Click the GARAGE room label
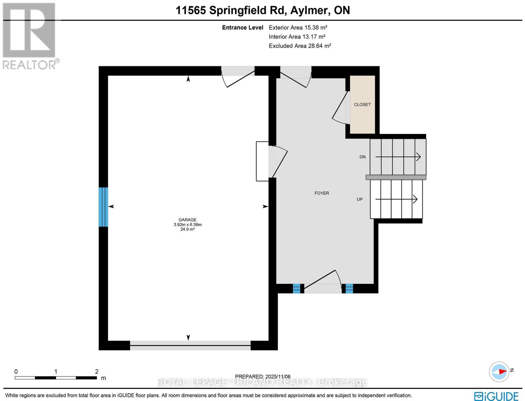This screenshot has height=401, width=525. click(187, 220)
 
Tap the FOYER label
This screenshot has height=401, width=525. click(322, 193)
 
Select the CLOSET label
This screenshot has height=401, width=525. click(362, 105)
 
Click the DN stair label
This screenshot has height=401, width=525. click(363, 157)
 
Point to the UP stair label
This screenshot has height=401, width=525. click(360, 199)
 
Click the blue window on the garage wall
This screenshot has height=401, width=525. click(103, 207)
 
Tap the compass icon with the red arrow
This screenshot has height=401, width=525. click(499, 371)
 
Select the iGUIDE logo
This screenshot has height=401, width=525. click(496, 396)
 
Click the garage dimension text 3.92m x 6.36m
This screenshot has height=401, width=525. click(187, 225)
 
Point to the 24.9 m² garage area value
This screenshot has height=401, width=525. click(187, 229)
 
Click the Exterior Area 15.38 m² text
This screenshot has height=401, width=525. click(296, 28)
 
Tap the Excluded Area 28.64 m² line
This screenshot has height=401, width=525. click(300, 46)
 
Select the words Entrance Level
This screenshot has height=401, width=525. click(242, 28)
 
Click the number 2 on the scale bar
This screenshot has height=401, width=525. click(97, 372)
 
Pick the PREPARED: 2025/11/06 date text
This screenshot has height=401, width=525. click(263, 377)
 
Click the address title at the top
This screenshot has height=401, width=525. click(263, 10)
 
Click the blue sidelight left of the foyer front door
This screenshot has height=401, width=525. click(296, 288)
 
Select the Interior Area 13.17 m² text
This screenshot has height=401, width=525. click(297, 37)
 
